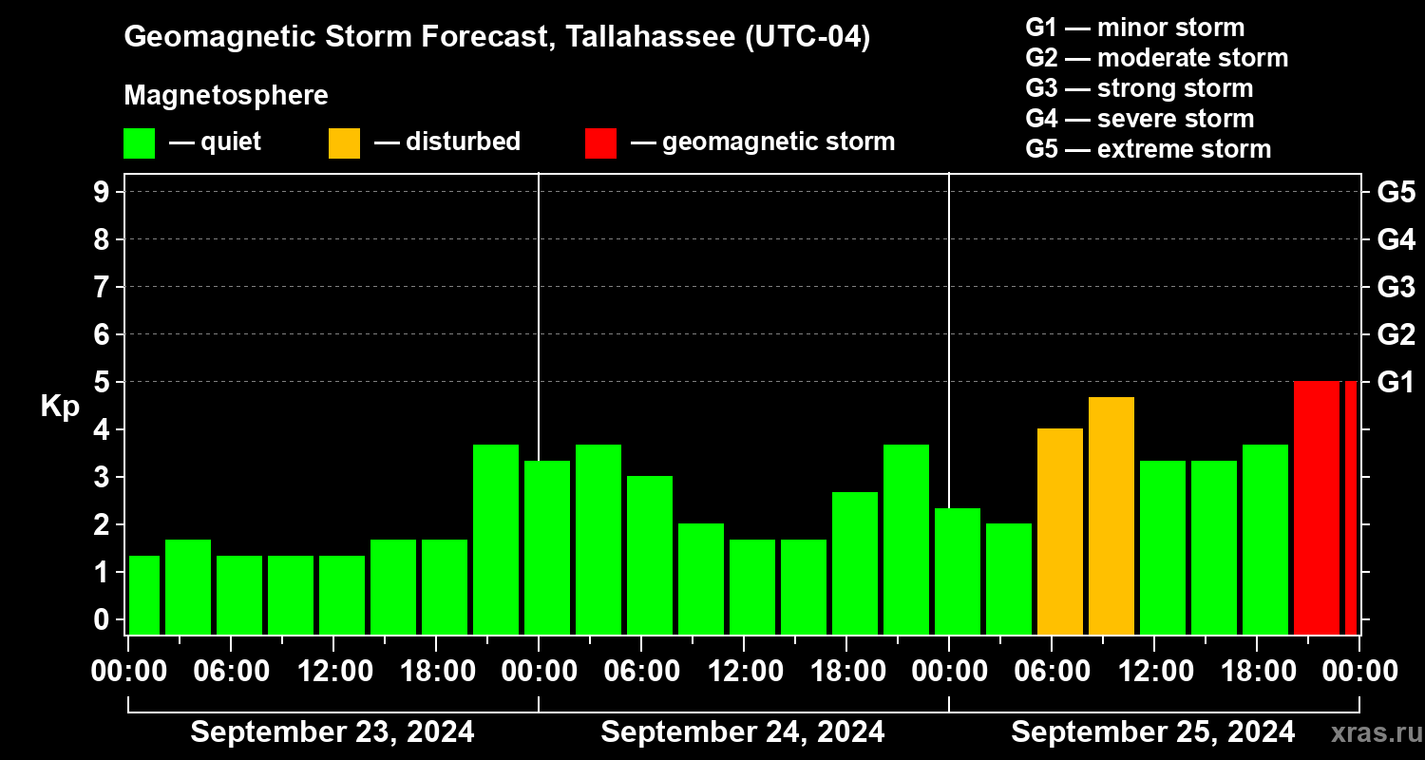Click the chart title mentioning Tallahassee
click(497, 37)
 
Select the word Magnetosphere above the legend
click(226, 96)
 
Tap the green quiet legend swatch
click(139, 143)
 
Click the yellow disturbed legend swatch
click(344, 143)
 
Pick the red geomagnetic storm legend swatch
click(600, 143)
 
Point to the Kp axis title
click(60, 407)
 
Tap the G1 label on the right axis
click(1396, 383)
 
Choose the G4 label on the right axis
click(1396, 240)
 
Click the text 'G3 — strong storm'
click(1139, 88)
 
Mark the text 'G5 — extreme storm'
click(1148, 149)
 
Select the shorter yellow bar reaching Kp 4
click(1060, 531)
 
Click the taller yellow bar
click(1111, 516)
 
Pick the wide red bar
click(1317, 507)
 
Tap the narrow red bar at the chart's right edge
click(1351, 507)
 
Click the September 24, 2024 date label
click(743, 732)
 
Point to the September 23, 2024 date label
click(332, 732)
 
